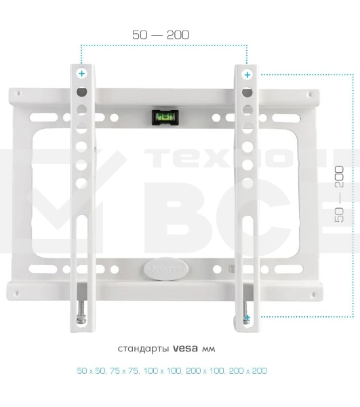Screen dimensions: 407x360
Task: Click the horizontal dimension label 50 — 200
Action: tap(161, 34)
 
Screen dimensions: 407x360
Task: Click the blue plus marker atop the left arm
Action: tap(81, 73)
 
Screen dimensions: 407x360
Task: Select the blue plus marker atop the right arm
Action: tap(247, 74)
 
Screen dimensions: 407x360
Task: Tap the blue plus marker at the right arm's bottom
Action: tap(247, 317)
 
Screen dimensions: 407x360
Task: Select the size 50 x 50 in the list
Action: tap(92, 371)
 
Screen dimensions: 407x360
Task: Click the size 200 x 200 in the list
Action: tap(249, 371)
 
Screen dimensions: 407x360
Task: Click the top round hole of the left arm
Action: tap(81, 92)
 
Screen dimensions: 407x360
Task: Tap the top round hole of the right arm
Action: tap(247, 92)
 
